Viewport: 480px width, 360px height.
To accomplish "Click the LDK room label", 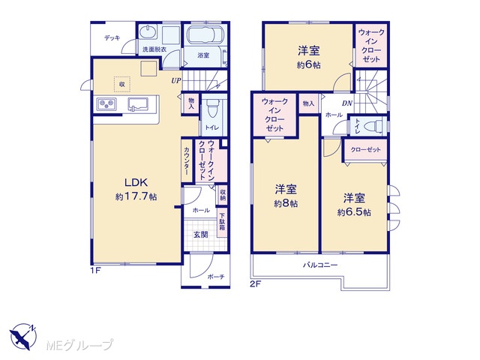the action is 136,182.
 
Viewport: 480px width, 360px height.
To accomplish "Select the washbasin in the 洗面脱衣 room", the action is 148,32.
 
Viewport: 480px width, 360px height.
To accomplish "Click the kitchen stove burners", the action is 106,104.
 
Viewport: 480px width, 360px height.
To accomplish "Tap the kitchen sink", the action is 138,103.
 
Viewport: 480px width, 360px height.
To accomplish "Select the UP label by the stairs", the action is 176,81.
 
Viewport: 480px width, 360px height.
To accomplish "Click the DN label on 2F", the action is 346,103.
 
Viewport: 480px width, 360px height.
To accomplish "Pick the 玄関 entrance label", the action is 200,235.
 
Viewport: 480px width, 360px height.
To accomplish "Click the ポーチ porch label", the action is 216,277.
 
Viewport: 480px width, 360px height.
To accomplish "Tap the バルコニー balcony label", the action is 320,265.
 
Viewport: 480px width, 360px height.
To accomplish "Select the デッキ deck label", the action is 112,38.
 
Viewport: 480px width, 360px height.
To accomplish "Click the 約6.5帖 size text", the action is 354,212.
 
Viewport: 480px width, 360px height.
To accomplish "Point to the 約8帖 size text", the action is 286,203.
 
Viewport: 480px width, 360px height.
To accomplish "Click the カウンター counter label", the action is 187,161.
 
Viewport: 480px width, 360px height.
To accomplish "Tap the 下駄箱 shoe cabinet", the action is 222,223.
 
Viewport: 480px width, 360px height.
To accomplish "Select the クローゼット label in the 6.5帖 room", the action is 365,150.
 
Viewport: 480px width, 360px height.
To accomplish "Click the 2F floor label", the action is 256,284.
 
